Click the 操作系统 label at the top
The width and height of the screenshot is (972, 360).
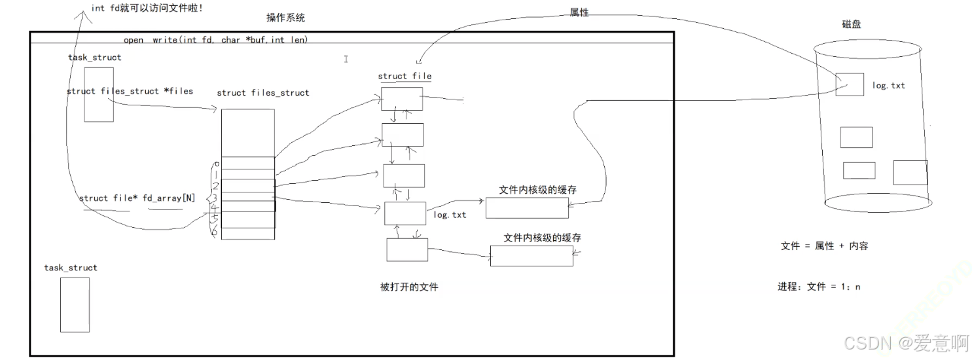285,18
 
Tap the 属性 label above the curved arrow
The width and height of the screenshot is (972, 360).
579,12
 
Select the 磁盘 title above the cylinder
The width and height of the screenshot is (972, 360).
852,25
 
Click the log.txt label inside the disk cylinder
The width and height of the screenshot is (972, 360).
889,86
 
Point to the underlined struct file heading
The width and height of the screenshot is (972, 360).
405,76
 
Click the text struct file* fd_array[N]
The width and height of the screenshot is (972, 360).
137,198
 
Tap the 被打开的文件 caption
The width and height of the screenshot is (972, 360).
409,287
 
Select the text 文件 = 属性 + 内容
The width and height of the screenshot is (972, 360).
825,246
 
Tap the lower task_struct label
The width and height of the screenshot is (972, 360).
71,268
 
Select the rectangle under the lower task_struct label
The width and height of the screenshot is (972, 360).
75,304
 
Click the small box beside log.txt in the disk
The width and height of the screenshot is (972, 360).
850,85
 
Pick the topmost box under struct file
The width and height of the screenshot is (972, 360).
402,99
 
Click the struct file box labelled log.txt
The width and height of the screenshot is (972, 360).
405,213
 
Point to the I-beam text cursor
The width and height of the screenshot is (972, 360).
346,59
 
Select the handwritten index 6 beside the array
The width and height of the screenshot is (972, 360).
213,232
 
